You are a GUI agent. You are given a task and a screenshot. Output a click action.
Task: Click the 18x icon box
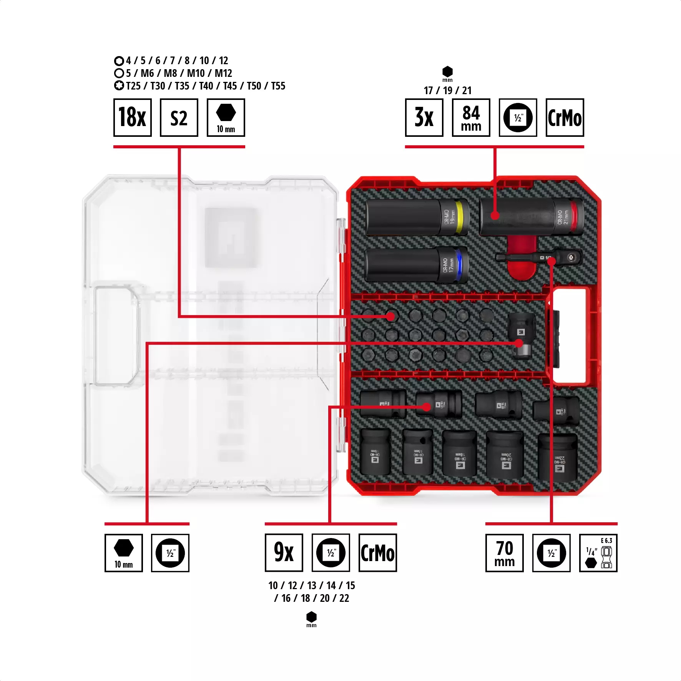(x=132, y=118)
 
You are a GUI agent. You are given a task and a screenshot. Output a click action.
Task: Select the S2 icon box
(x=179, y=118)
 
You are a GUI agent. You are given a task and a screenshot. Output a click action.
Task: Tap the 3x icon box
(x=424, y=118)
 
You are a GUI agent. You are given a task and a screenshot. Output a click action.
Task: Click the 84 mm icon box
(x=471, y=118)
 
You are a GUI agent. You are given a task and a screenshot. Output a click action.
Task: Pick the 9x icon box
(x=284, y=553)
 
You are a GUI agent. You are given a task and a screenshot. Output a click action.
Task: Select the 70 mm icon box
(x=504, y=553)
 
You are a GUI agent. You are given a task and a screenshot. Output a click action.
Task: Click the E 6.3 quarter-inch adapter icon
(x=598, y=553)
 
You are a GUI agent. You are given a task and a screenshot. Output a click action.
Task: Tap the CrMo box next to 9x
(x=377, y=553)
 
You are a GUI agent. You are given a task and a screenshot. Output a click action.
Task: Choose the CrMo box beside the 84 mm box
(x=565, y=118)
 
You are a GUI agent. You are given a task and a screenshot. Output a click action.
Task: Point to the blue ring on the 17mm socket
(x=458, y=265)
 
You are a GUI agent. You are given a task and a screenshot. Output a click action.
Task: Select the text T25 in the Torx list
(x=133, y=86)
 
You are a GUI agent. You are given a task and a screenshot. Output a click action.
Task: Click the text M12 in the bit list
(x=223, y=73)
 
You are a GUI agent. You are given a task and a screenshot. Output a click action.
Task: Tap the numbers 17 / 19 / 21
(x=447, y=91)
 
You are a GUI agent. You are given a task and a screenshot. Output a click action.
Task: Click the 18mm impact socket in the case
(x=460, y=453)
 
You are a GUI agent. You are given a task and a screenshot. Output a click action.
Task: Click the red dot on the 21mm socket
(x=495, y=216)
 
